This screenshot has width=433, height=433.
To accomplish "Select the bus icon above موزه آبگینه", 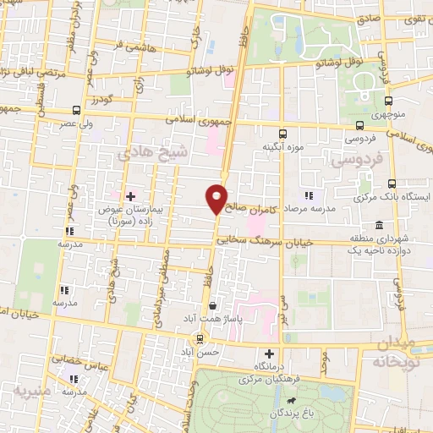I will [282, 133].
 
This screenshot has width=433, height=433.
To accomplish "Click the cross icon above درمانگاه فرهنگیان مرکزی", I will [270, 354].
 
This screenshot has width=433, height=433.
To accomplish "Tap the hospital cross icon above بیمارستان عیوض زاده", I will [129, 195].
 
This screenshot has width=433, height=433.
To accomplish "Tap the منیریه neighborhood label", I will [32, 391].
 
